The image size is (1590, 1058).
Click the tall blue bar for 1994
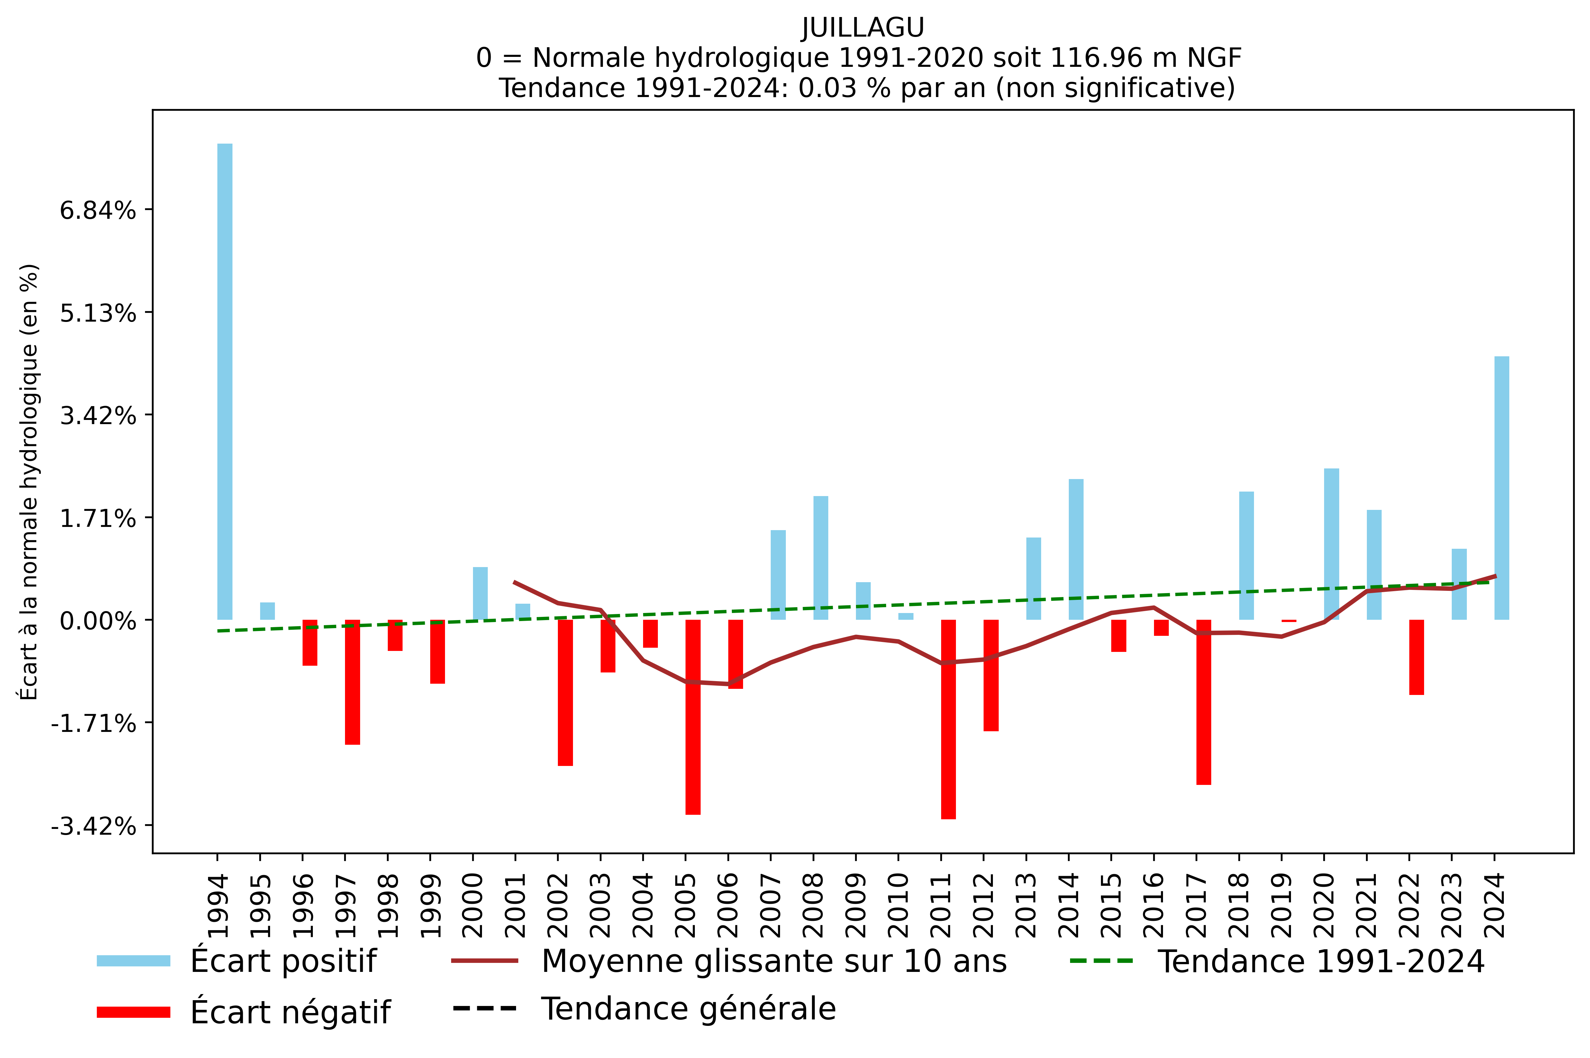pyautogui.click(x=225, y=381)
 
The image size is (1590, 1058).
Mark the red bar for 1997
pyautogui.click(x=352, y=682)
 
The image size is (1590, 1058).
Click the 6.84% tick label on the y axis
pyautogui.click(x=98, y=210)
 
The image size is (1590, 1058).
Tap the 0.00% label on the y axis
pyautogui.click(x=98, y=621)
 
